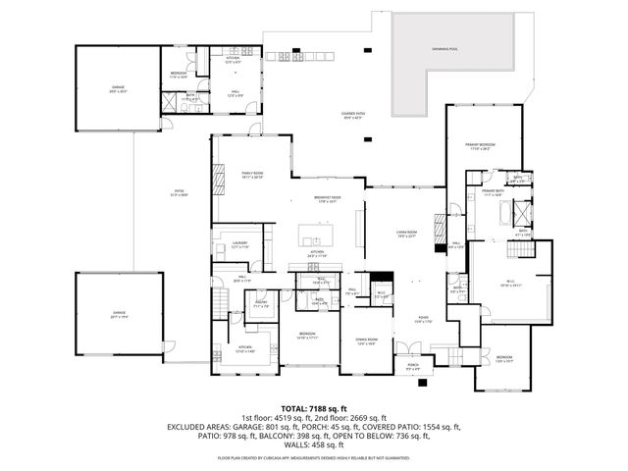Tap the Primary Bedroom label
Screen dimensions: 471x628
(480, 146)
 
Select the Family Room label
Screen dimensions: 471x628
(253, 175)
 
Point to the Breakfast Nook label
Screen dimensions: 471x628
(327, 199)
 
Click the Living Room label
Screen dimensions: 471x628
(380, 235)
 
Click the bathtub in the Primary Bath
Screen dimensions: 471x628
(524, 212)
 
